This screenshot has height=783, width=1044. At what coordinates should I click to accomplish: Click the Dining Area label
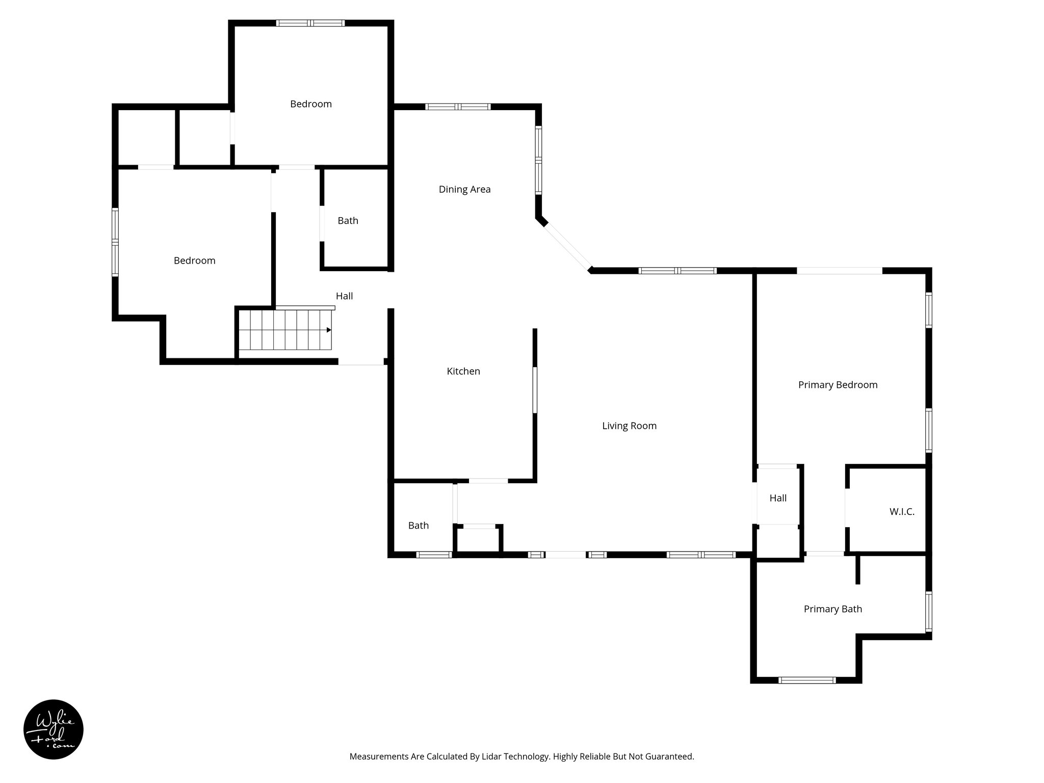point(464,190)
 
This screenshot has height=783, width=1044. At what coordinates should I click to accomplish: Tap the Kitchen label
point(463,372)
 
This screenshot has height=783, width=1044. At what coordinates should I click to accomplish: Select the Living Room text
point(629,426)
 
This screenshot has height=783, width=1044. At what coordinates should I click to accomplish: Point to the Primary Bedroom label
point(838,385)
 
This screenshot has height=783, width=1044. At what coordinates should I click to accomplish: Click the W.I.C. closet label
point(902,512)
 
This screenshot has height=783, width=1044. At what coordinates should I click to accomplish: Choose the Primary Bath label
point(832,609)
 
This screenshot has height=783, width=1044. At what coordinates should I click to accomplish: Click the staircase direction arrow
point(329,330)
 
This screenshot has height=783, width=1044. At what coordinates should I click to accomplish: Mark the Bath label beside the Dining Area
point(348,221)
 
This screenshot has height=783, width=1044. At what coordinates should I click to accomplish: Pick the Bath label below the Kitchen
point(418,526)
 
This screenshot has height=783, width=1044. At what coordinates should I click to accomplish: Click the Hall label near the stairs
point(344,296)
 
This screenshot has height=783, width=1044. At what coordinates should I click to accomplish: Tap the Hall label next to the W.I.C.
point(778,499)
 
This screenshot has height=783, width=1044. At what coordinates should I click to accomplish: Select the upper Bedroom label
point(311,105)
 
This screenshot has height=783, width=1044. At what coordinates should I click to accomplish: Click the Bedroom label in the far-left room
point(194,261)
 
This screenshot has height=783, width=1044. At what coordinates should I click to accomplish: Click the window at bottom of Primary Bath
point(807,680)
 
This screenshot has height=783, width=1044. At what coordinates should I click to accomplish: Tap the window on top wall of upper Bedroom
point(310,23)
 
